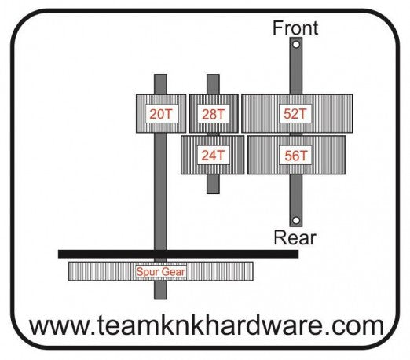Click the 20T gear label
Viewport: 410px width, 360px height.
pyautogui.click(x=161, y=114)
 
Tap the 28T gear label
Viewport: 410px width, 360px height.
pyautogui.click(x=213, y=114)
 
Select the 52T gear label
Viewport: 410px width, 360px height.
pyautogui.click(x=295, y=114)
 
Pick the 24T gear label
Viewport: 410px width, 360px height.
pyautogui.click(x=213, y=156)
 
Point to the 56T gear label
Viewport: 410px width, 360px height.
pyautogui.click(x=295, y=156)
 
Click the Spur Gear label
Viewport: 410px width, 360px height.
pyautogui.click(x=161, y=272)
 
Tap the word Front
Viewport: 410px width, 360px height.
pyautogui.click(x=295, y=28)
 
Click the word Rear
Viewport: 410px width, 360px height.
pyautogui.click(x=295, y=237)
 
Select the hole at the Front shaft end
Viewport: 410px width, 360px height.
pyautogui.click(x=296, y=45)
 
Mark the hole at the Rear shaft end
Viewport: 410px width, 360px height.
pyautogui.click(x=296, y=220)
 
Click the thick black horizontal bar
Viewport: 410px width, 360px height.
pyautogui.click(x=178, y=254)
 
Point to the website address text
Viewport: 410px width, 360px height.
pyautogui.click(x=207, y=325)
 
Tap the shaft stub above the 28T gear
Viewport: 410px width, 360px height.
pyautogui.click(x=213, y=84)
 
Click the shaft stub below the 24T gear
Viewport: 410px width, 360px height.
pyautogui.click(x=213, y=184)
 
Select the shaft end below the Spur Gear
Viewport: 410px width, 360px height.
pyautogui.click(x=160, y=290)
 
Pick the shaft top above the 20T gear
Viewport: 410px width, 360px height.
pyautogui.click(x=160, y=84)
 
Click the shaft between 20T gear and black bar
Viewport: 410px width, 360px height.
pyautogui.click(x=160, y=192)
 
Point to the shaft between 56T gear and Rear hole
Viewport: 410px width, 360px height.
pyautogui.click(x=296, y=196)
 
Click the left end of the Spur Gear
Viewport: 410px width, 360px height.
pyautogui.click(x=69, y=271)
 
